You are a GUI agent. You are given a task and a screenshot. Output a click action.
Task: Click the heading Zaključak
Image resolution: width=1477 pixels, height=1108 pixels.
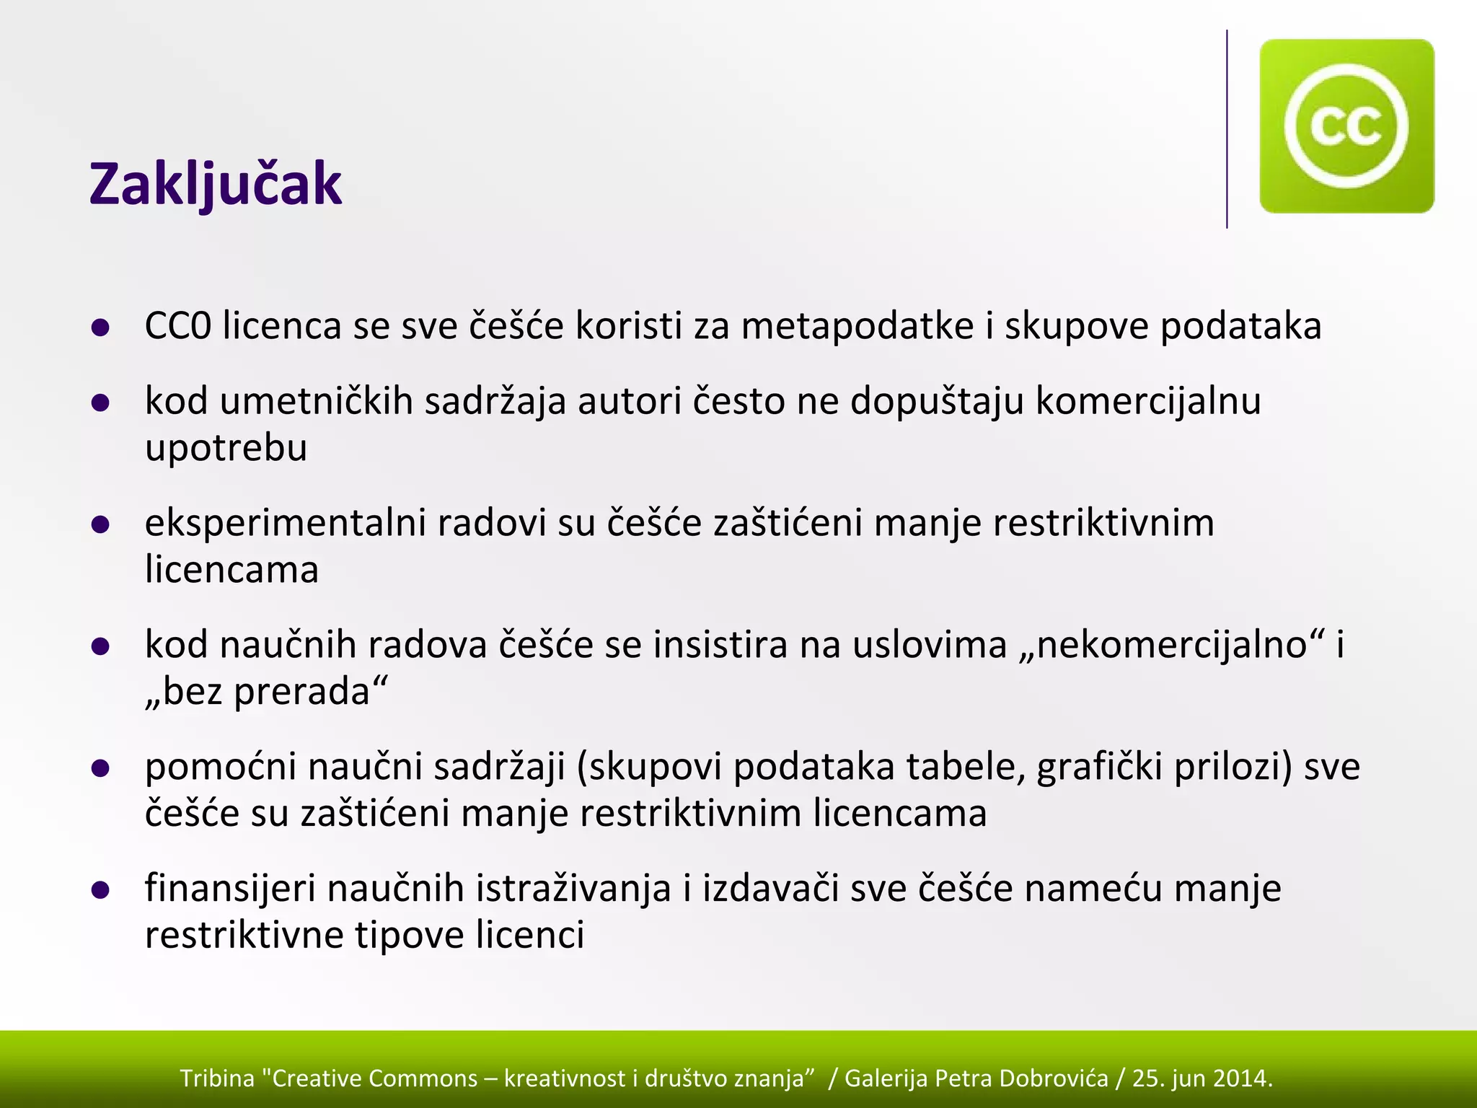pos(215,185)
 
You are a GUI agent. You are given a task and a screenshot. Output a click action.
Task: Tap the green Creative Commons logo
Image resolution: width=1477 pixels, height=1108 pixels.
pos(1346,126)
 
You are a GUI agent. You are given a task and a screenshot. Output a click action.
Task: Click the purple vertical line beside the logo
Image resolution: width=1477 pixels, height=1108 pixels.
pos(1227,130)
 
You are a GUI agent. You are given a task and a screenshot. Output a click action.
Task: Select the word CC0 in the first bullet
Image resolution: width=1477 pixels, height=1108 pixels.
pos(177,325)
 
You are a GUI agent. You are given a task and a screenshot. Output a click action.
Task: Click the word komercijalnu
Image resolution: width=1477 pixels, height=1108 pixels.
pos(1148,401)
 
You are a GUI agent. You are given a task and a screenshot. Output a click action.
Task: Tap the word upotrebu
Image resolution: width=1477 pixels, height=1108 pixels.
pos(226,448)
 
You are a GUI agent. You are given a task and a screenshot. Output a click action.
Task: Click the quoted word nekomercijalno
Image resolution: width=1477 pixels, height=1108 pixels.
pos(1172,644)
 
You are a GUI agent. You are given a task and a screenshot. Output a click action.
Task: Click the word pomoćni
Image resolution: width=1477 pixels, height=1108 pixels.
pos(221,766)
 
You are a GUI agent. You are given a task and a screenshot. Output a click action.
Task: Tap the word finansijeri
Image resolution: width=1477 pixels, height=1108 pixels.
pos(230,888)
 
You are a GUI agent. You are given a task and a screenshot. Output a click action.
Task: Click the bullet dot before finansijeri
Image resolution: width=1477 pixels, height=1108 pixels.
pos(100,891)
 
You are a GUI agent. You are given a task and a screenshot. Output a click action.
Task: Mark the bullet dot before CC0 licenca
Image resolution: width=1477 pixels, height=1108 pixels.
pos(100,328)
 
